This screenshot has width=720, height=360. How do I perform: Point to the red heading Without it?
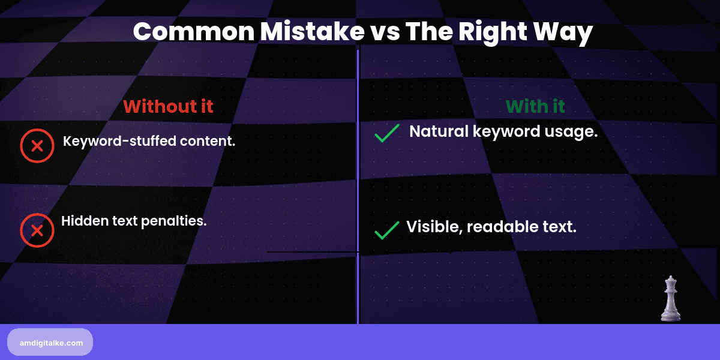168,106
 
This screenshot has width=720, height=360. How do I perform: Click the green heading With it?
535,106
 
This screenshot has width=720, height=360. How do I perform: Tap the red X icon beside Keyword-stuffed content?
37,145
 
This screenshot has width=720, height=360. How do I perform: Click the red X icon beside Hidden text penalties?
37,230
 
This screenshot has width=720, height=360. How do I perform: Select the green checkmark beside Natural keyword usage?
387,133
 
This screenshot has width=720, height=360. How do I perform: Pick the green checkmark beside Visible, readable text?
387,230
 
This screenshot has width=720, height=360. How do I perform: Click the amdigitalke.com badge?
50,342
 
